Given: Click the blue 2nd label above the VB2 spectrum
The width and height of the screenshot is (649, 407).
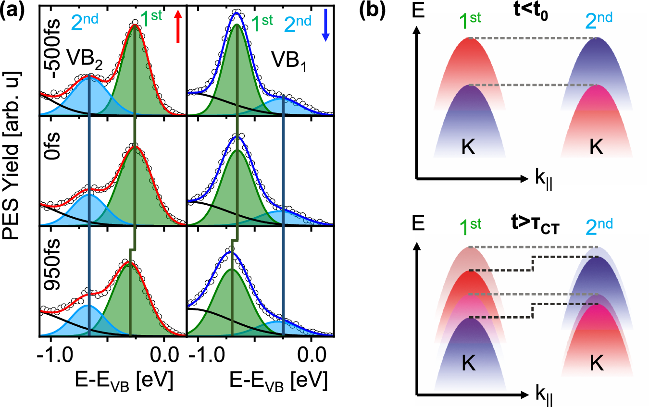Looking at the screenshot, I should point(87,20).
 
